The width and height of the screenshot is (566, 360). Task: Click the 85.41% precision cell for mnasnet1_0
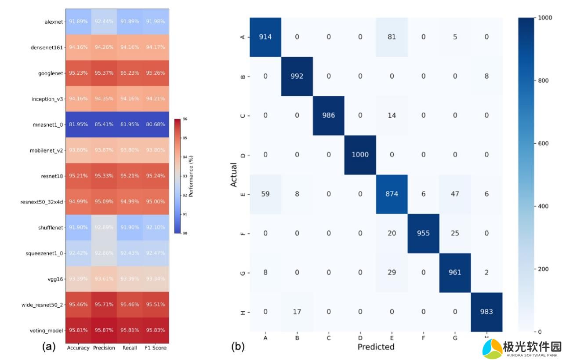(104, 124)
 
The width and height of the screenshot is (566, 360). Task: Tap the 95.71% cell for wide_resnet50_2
(104, 304)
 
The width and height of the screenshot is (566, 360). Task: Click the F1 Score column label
(156, 348)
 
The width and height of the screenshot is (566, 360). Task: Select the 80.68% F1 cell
(156, 124)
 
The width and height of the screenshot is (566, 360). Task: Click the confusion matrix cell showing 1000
(360, 155)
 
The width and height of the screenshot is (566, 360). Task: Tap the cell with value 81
(392, 37)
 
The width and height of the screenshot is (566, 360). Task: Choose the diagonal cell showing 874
(392, 194)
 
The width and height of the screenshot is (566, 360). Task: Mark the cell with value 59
(265, 194)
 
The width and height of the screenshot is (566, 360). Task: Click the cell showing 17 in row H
(297, 312)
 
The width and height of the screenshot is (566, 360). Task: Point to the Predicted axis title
(376, 347)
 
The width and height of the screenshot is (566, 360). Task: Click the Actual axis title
(234, 175)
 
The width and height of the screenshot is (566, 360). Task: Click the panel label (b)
(238, 347)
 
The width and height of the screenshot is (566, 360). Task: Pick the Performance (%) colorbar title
(191, 176)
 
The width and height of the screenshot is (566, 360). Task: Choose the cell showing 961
(455, 273)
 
